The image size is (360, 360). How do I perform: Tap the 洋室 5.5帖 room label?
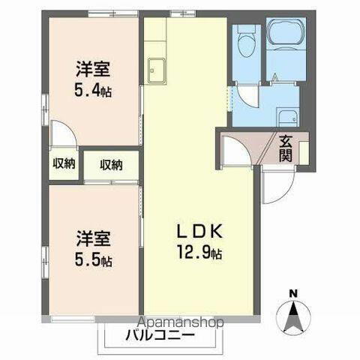(93, 250)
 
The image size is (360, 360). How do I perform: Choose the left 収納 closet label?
(64, 164)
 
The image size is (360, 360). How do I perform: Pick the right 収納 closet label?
(110, 164)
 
